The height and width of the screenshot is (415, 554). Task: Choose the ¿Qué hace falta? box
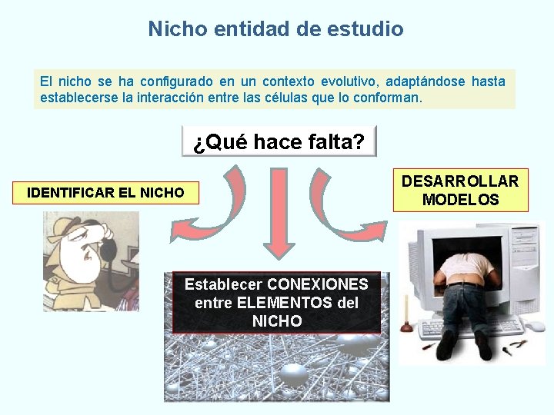coord(279,141)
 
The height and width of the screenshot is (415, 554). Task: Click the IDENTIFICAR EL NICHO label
coord(105,192)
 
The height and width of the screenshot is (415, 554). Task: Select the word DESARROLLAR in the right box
coord(460,181)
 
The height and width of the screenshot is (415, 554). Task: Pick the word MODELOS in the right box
coord(460,200)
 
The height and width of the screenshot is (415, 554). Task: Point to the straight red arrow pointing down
coord(279,215)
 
